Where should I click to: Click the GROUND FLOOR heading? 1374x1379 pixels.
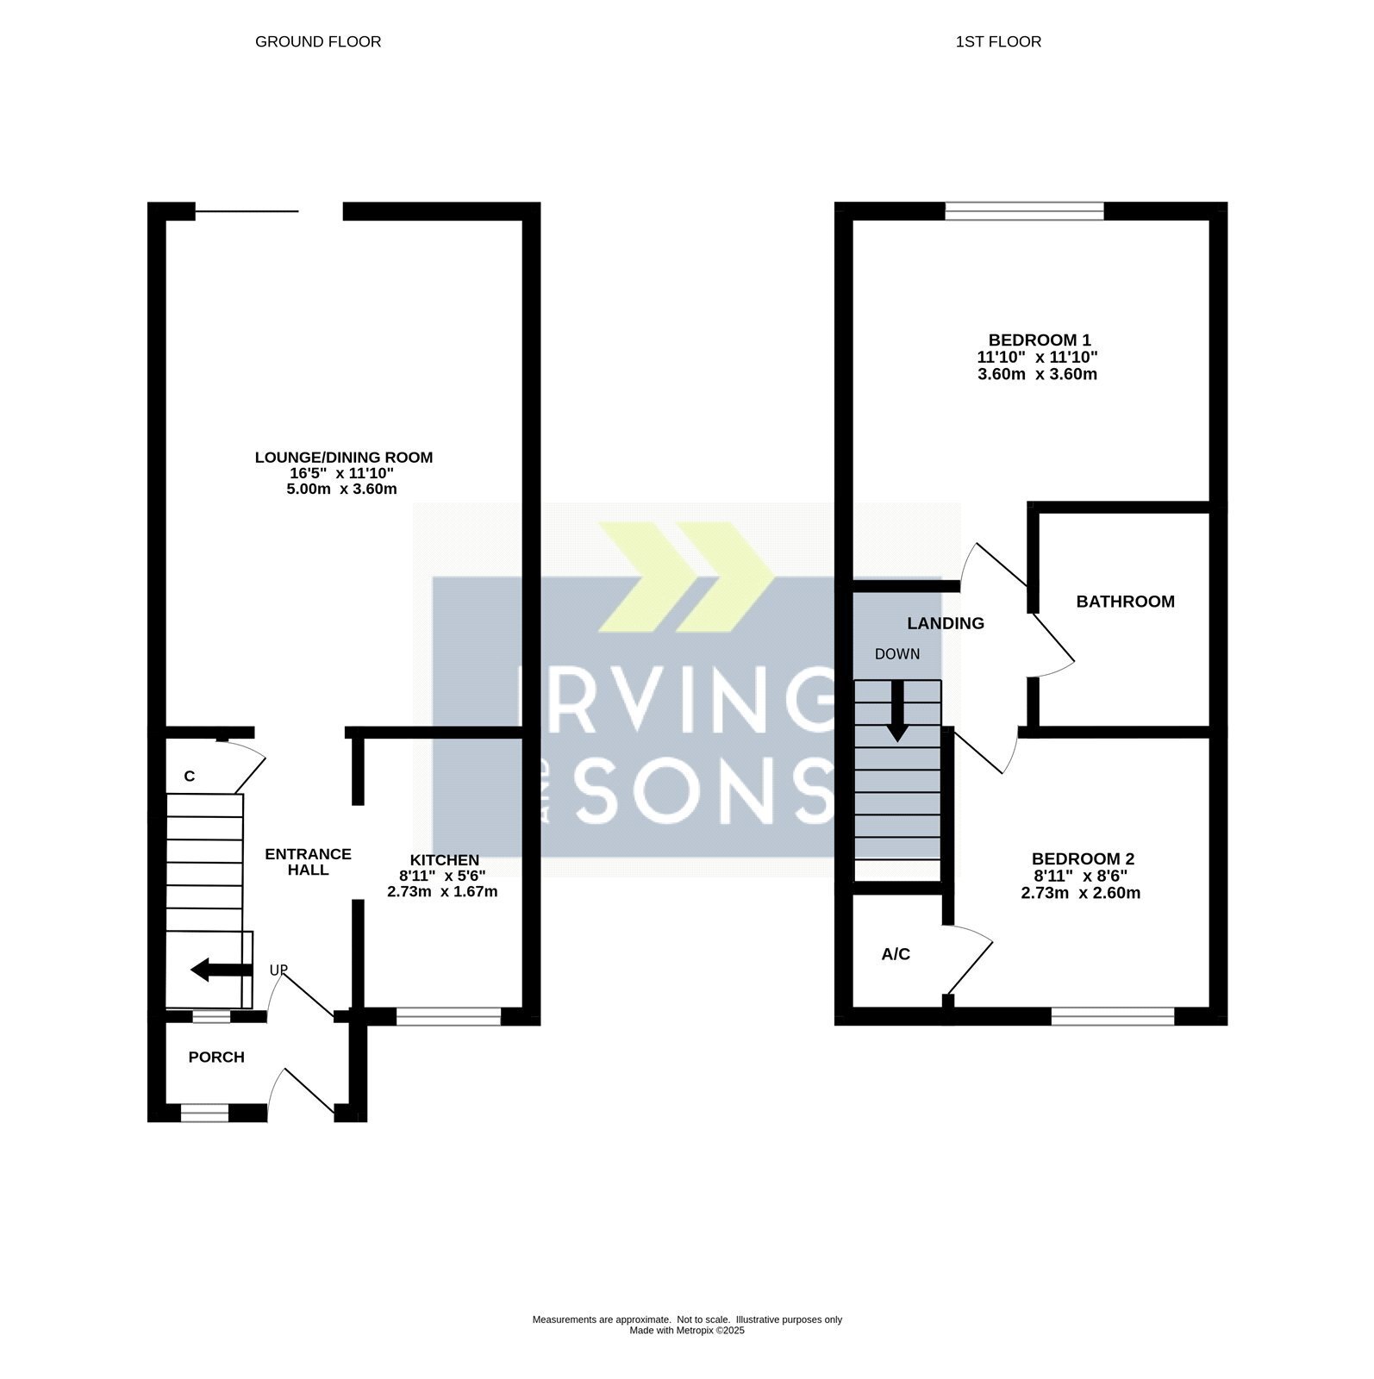pos(318,41)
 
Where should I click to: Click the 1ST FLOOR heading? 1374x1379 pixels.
pos(998,41)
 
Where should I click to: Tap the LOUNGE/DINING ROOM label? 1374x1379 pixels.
pos(344,457)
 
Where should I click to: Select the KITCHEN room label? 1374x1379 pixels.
pos(444,860)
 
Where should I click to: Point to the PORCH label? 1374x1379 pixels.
pos(216,1058)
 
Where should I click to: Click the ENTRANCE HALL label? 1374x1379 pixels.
pos(308,862)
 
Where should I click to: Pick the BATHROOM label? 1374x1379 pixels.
pos(1125,602)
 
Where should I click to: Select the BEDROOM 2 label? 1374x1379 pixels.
pos(1083,859)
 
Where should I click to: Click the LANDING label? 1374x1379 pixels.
pos(946,623)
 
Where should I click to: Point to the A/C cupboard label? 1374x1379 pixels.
pos(896,954)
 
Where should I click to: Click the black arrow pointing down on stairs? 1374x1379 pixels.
pos(897,711)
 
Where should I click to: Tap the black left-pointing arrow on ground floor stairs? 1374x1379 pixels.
pos(221,970)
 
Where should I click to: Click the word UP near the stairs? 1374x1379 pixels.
pos(278,970)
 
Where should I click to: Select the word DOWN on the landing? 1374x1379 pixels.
pos(897,654)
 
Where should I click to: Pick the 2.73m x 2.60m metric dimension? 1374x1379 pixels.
pos(1081,893)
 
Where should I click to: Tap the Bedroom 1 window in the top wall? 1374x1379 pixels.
pos(1024,211)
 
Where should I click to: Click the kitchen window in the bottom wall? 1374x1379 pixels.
pos(448,1017)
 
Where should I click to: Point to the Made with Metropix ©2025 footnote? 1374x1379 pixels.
pos(687,1331)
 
